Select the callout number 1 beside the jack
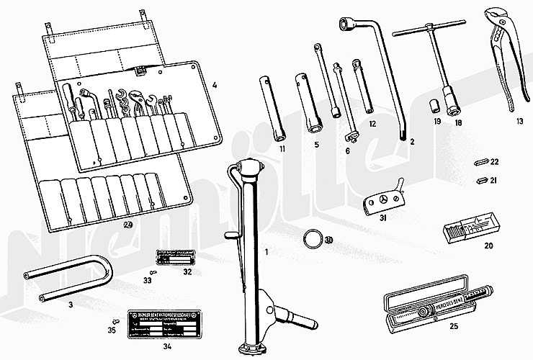tap(266, 253)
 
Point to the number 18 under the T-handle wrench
tap(458, 123)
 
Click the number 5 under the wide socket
tap(315, 145)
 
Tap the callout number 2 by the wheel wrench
tap(412, 143)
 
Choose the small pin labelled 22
tap(483, 162)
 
